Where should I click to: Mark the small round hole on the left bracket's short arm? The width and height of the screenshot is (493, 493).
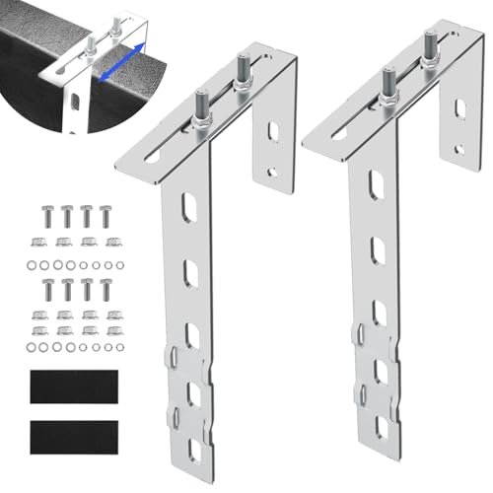[271, 172]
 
